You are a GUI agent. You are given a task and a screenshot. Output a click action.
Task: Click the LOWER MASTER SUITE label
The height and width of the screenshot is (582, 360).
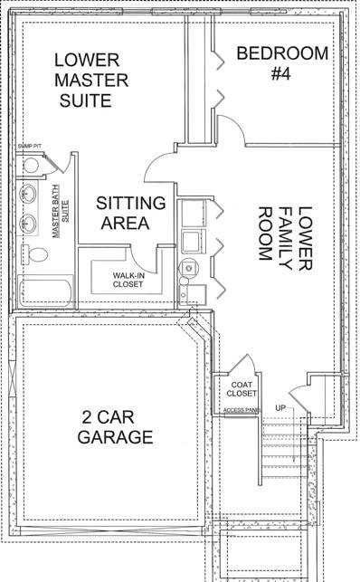pyautogui.click(x=90, y=80)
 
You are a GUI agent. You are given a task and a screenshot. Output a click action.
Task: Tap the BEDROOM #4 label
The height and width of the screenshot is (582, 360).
pyautogui.click(x=282, y=63)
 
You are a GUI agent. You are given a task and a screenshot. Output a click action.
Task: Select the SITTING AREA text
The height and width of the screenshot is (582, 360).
pyautogui.click(x=131, y=213)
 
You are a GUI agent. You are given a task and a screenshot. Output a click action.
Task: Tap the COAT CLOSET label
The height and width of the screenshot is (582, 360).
pyautogui.click(x=241, y=389)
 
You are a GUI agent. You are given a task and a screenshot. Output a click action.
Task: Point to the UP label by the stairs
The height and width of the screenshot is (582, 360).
pyautogui.click(x=280, y=408)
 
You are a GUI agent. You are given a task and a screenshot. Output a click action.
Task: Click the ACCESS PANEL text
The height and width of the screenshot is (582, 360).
pyautogui.click(x=242, y=409)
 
